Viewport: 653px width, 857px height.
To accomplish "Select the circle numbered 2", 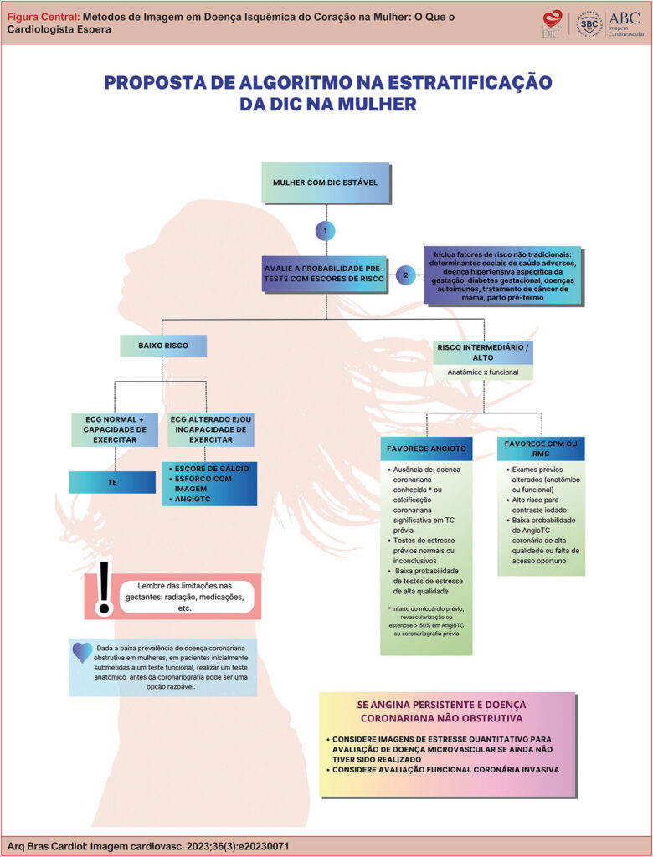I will (406, 274).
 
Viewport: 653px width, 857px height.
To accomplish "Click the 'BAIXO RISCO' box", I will (163, 345).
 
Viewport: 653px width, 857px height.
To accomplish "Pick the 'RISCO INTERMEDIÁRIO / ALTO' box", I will (483, 352).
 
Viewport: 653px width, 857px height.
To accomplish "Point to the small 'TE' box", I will (112, 482).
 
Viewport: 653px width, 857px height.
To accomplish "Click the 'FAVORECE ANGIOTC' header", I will (426, 449).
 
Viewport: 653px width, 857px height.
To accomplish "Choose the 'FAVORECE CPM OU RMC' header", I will (540, 449).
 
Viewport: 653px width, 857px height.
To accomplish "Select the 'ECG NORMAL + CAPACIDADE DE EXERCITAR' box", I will (115, 428).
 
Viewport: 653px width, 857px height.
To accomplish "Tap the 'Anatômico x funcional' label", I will (483, 372).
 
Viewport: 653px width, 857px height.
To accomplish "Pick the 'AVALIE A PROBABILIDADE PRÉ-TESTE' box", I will (326, 273).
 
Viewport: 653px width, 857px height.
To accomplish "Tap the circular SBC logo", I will (590, 23).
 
